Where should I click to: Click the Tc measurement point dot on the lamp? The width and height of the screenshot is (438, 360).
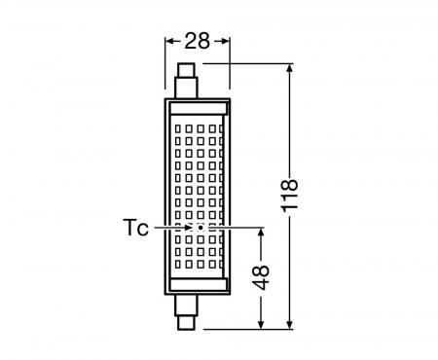199,227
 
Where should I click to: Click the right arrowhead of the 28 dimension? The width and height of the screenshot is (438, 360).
225,41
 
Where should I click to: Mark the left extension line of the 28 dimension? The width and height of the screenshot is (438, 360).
161,63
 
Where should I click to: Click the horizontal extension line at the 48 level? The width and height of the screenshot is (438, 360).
238,228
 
